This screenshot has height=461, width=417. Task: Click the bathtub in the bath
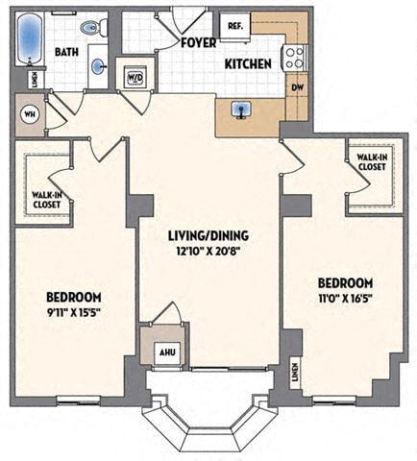(30, 39)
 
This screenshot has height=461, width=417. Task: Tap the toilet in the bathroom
(92, 29)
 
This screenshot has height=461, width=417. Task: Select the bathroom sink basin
(101, 67)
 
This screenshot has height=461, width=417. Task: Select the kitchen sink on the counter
(241, 111)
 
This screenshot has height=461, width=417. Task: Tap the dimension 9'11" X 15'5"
(66, 311)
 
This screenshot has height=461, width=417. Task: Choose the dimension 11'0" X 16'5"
(345, 299)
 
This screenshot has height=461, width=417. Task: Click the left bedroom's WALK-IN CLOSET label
(41, 199)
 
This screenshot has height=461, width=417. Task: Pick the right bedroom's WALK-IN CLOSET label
(371, 161)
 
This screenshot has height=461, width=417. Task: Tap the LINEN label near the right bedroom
(295, 376)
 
